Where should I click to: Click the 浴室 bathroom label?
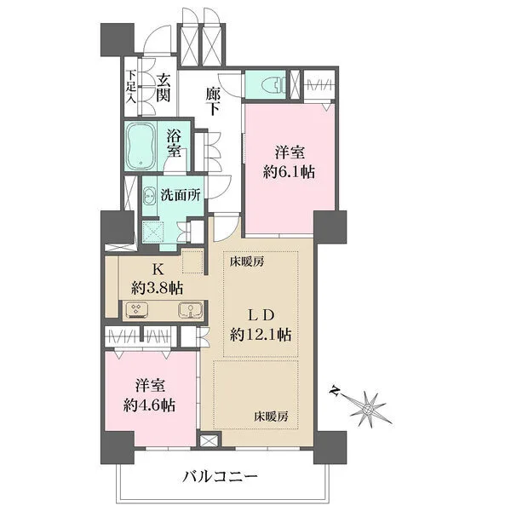click(x=174, y=142)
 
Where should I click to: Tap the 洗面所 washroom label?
click(x=181, y=195)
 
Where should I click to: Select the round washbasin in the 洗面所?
click(x=148, y=195)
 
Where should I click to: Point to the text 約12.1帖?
click(x=260, y=335)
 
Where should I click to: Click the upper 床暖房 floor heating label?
click(x=246, y=263)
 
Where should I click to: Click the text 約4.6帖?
click(x=147, y=405)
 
